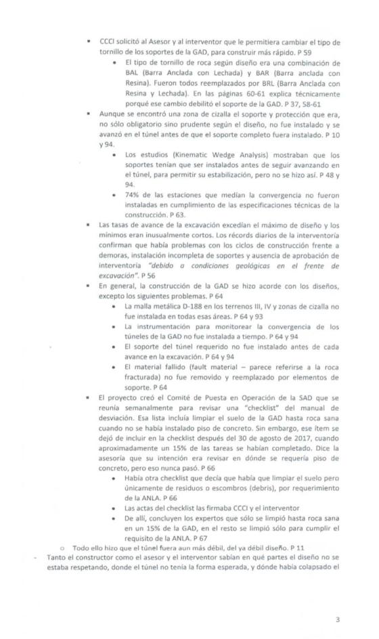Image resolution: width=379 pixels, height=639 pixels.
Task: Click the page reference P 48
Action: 324,175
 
